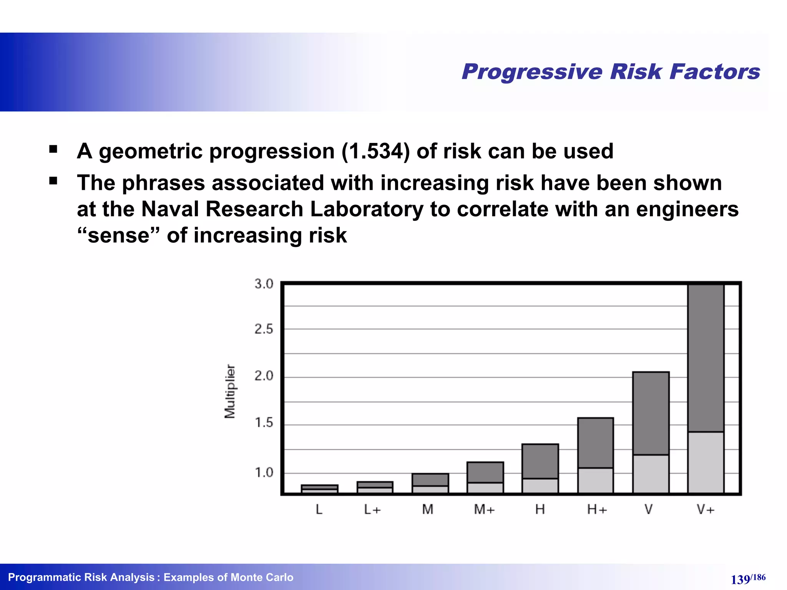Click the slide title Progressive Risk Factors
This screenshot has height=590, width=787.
(x=611, y=72)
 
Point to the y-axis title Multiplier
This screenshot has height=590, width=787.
(x=230, y=391)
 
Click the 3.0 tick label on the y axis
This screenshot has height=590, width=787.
(x=264, y=284)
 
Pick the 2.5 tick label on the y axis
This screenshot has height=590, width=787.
(x=264, y=329)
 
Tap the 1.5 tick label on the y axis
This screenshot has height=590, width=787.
(x=264, y=423)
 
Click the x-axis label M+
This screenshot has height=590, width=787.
(x=484, y=510)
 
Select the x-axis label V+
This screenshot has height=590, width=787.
(x=706, y=510)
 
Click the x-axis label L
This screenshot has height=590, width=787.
(x=319, y=510)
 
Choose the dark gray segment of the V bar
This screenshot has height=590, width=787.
(x=651, y=413)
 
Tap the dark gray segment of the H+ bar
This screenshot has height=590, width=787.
(x=595, y=442)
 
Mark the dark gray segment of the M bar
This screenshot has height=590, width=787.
(x=430, y=480)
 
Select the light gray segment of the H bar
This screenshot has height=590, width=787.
(x=540, y=486)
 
